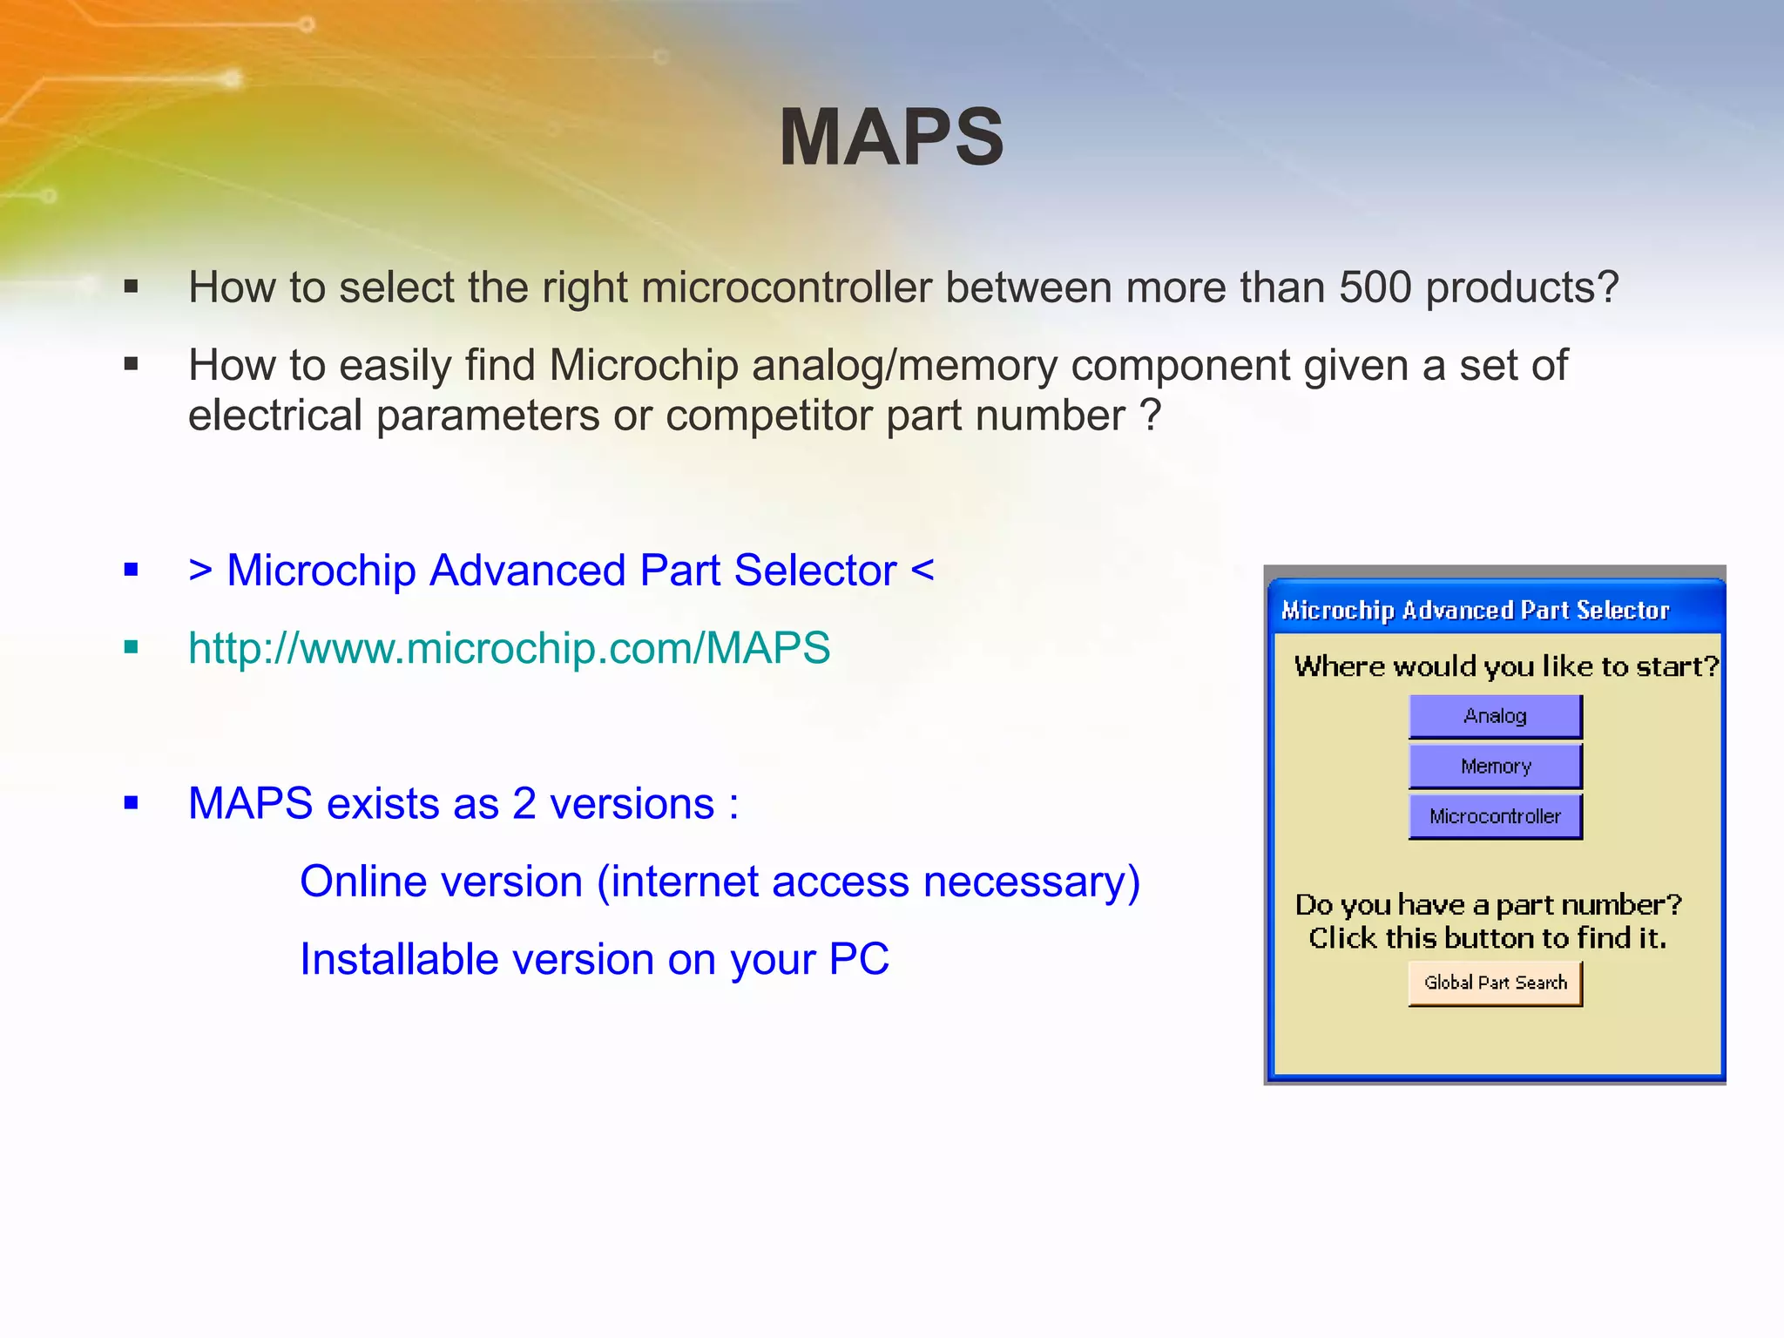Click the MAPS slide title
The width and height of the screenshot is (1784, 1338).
coord(891,138)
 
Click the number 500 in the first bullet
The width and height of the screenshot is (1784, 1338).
coord(1375,287)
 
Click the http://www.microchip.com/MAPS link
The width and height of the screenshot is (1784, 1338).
coord(509,648)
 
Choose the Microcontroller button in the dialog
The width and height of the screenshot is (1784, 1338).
coord(1495,817)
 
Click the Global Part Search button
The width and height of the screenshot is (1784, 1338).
coord(1495,983)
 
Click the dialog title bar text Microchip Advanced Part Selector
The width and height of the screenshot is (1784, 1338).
coord(1475,611)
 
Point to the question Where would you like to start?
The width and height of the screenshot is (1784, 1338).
coord(1506,666)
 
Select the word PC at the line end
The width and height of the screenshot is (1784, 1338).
coord(858,960)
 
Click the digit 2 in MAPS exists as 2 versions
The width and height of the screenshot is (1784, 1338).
coord(524,804)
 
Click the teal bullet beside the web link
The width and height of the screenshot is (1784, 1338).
coord(132,647)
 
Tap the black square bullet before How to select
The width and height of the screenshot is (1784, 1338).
coord(132,287)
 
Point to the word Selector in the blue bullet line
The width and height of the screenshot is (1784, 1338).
coord(814,571)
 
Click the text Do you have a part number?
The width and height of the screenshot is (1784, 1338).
coord(1488,905)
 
